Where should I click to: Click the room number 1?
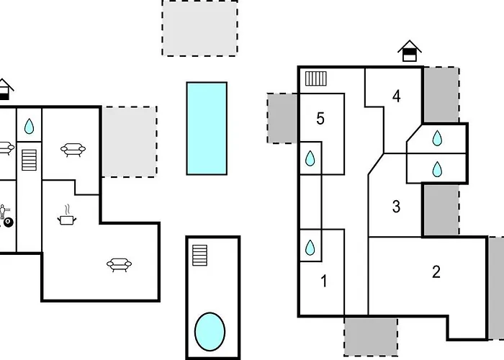pos(324,281)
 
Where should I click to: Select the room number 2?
pos(436,272)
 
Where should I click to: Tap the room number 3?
pos(396,207)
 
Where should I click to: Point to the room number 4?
pos(397,96)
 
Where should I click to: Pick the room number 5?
pos(320,119)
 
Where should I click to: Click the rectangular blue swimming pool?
pos(207,129)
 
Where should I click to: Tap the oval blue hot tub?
pos(210,332)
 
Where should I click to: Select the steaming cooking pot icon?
pos(67,215)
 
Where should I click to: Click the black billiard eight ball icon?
pos(9,222)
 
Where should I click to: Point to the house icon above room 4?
pos(410,51)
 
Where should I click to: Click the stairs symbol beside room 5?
pos(315,78)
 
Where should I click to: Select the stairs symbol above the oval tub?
pos(199,255)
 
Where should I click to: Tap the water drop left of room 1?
pos(310,248)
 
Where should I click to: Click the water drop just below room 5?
pos(310,158)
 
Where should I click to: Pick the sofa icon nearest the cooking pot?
pos(119,265)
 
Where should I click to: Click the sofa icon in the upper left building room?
pos(73,150)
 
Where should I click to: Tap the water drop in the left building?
pos(29,126)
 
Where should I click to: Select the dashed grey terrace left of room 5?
pos(282,118)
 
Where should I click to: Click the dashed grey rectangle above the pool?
pos(199,28)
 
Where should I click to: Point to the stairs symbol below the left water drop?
pos(29,160)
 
